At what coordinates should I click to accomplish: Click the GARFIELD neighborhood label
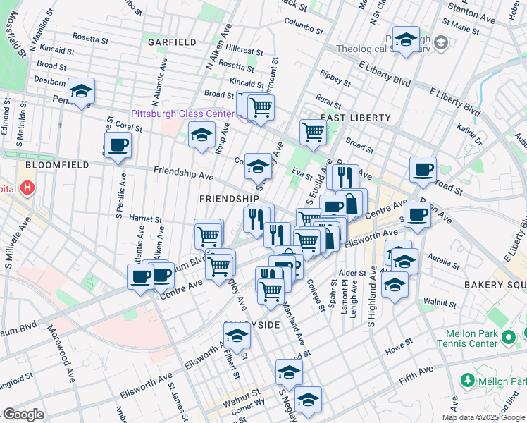pos(172,42)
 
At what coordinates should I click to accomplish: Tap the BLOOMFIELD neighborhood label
pos(57,165)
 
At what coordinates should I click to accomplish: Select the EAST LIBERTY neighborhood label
pos(356,117)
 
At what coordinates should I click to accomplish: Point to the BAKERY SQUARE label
pos(494,283)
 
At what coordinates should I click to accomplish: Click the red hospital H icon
pos(27,188)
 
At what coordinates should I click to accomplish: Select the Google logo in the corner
pos(23,415)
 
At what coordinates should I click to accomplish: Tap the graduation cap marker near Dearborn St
pos(81,92)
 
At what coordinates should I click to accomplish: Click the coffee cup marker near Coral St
pos(118,146)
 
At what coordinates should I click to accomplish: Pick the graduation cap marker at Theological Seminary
pos(406,41)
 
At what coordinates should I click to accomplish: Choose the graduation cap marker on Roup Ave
pos(201,135)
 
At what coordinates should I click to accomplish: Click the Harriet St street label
pos(146,219)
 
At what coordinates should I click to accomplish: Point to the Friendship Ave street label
pos(183,173)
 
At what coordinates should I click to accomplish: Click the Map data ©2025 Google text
pos(483,417)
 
